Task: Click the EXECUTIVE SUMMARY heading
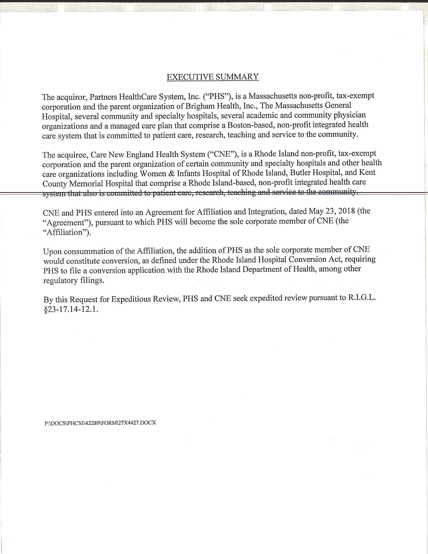(x=212, y=77)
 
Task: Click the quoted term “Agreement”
(x=66, y=222)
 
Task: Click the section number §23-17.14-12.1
(x=71, y=310)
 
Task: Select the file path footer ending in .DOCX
(x=100, y=423)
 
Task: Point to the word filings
(x=92, y=281)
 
